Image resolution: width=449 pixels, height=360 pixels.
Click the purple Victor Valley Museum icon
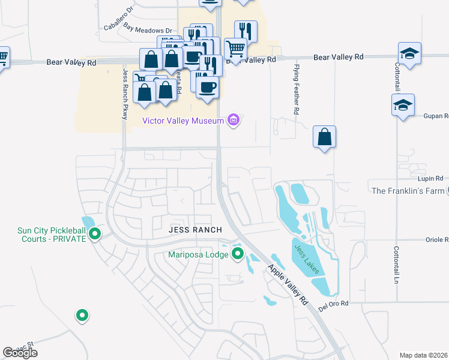coord(234,121)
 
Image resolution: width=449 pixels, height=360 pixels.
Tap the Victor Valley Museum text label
coord(183,121)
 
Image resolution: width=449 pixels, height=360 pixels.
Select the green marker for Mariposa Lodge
coord(238,254)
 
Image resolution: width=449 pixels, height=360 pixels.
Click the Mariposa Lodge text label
coord(197,255)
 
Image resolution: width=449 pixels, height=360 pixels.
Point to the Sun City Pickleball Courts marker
coord(94,235)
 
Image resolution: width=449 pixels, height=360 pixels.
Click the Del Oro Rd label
coord(334,304)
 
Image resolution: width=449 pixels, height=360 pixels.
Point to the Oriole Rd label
coord(436,239)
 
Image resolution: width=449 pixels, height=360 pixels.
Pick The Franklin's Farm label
coord(408,191)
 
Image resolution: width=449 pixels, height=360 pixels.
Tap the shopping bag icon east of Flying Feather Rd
coord(324,137)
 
